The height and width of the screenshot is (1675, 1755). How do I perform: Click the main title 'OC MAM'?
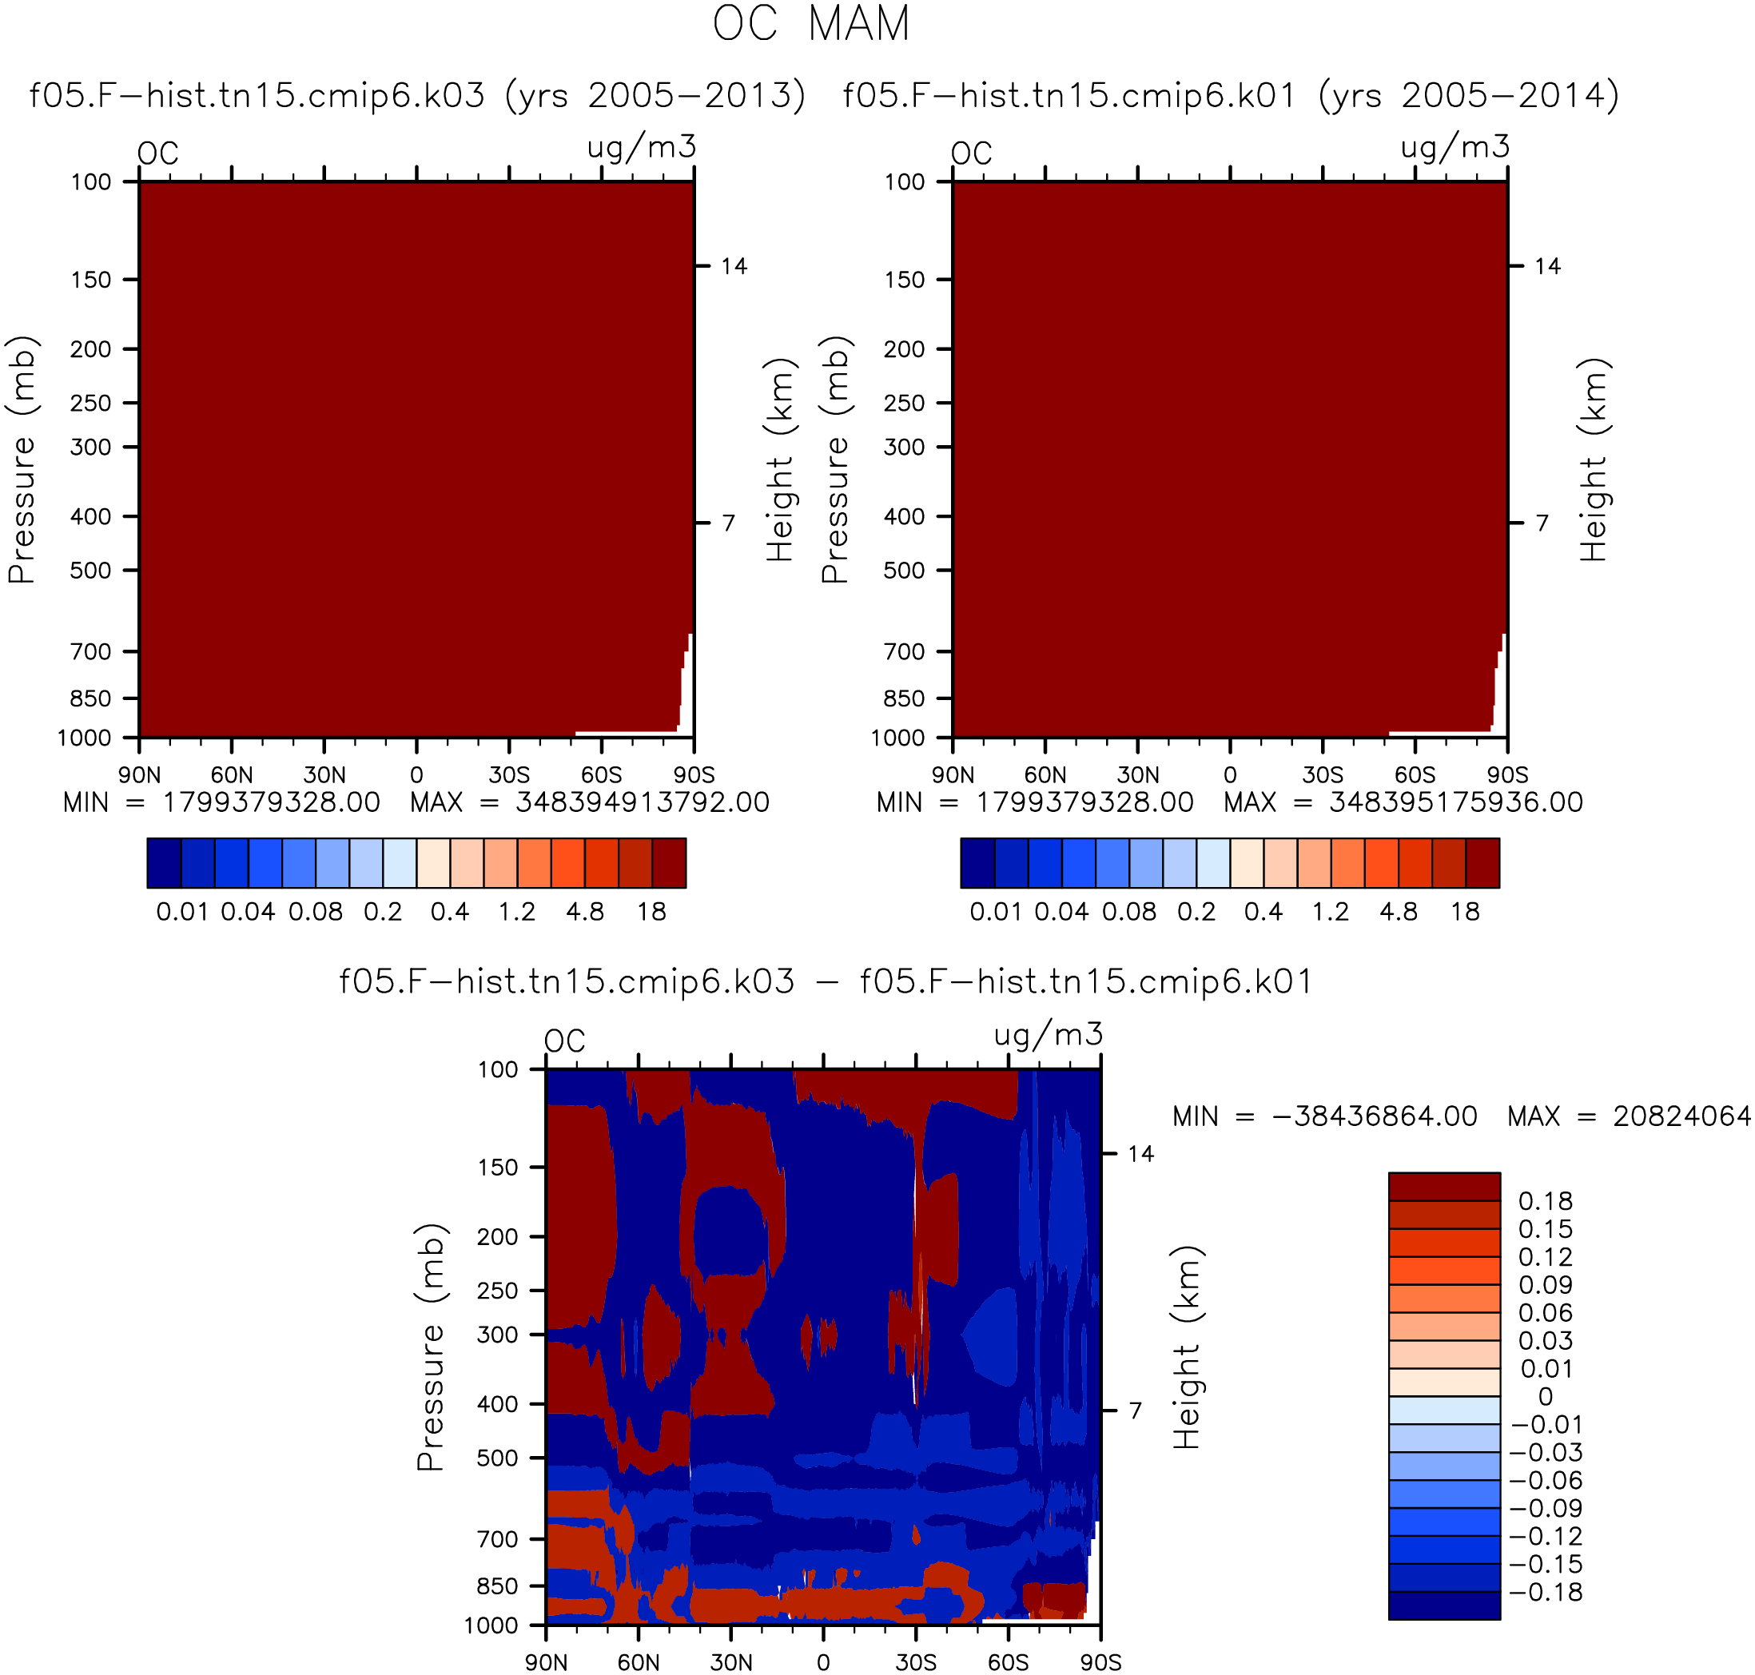pos(810,23)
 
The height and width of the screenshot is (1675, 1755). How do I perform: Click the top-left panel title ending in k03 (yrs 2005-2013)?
pos(417,94)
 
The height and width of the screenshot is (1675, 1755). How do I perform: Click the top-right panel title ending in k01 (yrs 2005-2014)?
pos(1230,94)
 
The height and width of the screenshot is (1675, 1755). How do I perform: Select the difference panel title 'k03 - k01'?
pos(826,981)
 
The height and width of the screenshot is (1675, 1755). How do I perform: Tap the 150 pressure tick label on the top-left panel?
pos(91,280)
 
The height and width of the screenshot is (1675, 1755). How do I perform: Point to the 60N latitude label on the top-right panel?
pos(1045,774)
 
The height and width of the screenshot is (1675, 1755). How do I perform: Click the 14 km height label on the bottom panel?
pos(1141,1154)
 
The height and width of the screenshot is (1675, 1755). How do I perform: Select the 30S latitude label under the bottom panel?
pos(917,1661)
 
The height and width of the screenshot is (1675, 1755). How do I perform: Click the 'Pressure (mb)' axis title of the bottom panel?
pos(430,1347)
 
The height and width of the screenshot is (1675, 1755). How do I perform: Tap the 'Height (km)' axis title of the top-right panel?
pos(1594,459)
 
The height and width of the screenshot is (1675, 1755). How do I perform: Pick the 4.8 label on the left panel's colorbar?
pos(585,912)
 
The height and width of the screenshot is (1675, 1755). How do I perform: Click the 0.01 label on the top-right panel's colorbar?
pos(995,912)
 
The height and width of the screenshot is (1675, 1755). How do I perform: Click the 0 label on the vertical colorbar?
pos(1546,1396)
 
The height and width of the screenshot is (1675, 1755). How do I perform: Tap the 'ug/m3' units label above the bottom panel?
pos(1049,1035)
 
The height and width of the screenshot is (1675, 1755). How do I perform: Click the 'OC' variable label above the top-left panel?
pos(158,153)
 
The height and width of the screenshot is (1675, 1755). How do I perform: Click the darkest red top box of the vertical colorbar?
pos(1444,1187)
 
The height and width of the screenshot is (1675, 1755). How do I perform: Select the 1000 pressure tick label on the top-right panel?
pos(897,738)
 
